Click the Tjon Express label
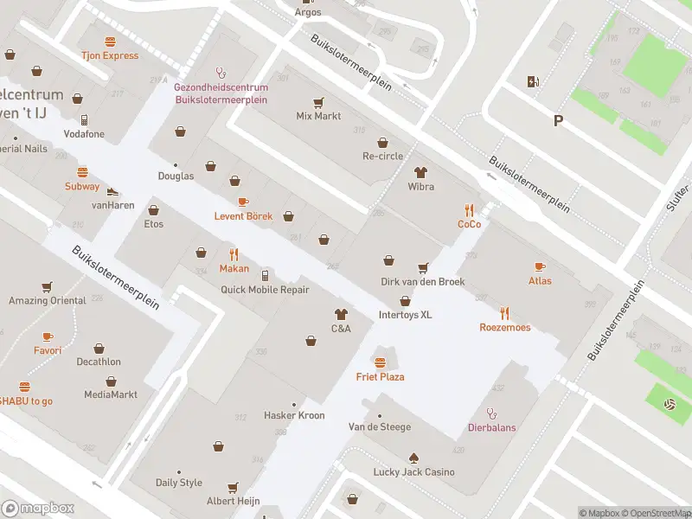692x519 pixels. pos(110,55)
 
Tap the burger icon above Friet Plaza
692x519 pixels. pos(380,361)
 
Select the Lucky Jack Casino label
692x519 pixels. pos(413,472)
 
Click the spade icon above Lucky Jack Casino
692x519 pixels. pos(413,457)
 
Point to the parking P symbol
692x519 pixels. pos(558,121)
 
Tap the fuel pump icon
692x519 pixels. pos(533,82)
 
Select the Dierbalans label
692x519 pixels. pos(492,426)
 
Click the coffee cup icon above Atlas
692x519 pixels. pos(540,266)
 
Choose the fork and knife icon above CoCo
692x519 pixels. pos(469,209)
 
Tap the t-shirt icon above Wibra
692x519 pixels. pos(421,172)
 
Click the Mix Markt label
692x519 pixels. pos(318,116)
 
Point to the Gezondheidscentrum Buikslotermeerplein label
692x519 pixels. pos(221,93)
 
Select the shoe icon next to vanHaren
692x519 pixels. pos(112,190)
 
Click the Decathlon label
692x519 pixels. pos(99,362)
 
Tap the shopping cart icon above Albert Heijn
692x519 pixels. pos(232,487)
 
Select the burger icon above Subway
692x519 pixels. pos(82,172)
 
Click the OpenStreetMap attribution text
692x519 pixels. pos(655,513)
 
